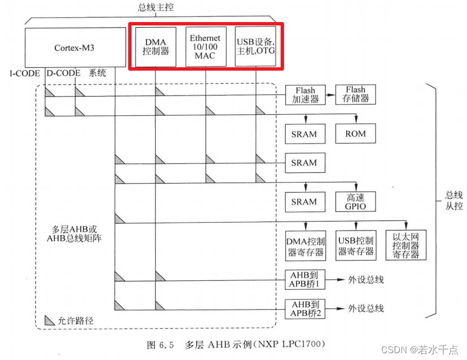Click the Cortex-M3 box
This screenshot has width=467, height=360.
(x=75, y=47)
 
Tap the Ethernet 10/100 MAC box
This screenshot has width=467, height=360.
(x=206, y=46)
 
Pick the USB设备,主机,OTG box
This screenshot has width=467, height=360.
(x=255, y=46)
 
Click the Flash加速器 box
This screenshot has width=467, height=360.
(x=305, y=94)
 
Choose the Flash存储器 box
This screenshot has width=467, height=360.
(x=356, y=94)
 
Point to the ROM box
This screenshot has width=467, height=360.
(x=355, y=134)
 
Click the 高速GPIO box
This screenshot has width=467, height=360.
(x=355, y=202)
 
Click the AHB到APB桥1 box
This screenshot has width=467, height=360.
(x=305, y=279)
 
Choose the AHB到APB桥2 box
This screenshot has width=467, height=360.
(x=305, y=308)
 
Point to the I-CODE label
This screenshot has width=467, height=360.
(x=25, y=73)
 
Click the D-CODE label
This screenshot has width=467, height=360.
(x=63, y=73)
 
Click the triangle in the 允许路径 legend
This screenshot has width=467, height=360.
(x=49, y=319)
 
